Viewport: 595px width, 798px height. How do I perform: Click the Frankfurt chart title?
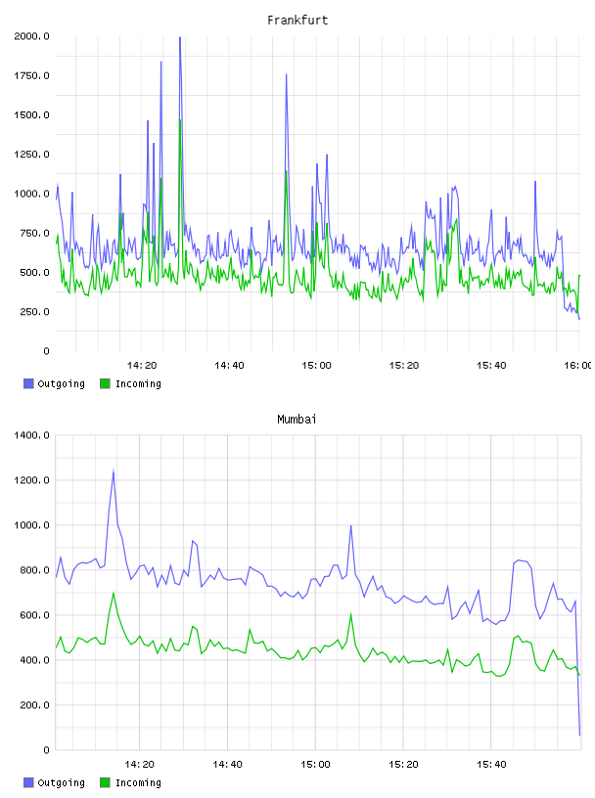tap(297, 21)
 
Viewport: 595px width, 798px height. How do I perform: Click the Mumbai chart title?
tap(297, 420)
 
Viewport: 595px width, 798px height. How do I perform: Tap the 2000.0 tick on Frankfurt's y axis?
tap(31, 36)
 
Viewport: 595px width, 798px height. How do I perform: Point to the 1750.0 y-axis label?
tap(31, 76)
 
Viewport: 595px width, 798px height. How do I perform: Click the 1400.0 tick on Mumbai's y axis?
tap(31, 435)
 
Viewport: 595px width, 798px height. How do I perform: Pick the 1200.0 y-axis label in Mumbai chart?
tap(31, 480)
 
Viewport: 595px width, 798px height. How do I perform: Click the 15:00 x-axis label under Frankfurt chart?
tap(316, 366)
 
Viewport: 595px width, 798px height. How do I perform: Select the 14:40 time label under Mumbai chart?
tap(227, 765)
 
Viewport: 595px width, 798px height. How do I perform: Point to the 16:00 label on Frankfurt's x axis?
tap(578, 366)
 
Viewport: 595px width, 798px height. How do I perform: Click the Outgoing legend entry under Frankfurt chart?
tap(54, 383)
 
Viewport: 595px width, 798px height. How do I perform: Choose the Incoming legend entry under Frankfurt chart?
tap(130, 383)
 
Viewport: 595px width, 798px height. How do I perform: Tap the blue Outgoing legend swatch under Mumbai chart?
tap(28, 782)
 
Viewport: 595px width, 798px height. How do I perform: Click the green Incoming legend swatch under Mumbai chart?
tap(105, 782)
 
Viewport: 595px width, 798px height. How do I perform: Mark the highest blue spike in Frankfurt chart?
tap(180, 37)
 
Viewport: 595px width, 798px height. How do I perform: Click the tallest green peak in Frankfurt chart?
tap(180, 120)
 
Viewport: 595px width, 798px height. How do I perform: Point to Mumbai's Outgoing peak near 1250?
tap(114, 470)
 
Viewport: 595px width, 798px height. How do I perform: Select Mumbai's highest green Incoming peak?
tap(114, 593)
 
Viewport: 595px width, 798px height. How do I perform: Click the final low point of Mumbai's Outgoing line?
tap(579, 734)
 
